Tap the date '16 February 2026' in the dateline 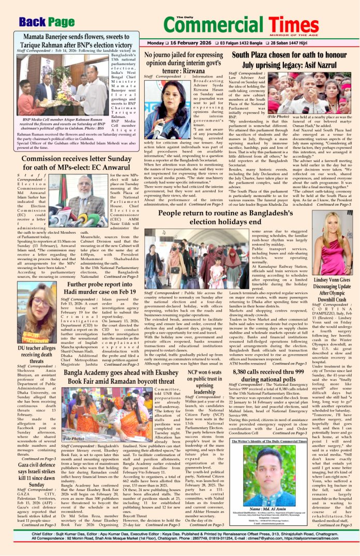[x=192, y=42]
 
